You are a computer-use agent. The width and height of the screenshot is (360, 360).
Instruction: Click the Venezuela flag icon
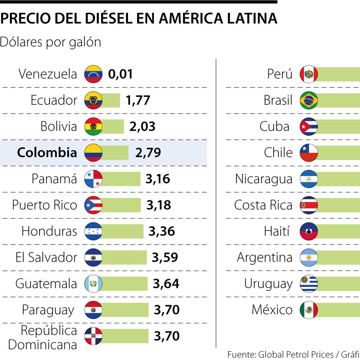coord(93,74)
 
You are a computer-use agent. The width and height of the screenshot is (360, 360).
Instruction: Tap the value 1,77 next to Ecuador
coord(138,100)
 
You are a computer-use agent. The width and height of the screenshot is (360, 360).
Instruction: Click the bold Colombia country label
coord(47,152)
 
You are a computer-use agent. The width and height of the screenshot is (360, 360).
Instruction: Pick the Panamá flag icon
coord(93,179)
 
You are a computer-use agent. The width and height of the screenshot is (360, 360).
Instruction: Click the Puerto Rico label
coord(44,205)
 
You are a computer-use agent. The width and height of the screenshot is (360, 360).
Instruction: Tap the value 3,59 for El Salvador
coord(164,258)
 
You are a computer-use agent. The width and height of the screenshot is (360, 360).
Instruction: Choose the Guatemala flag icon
coord(93,284)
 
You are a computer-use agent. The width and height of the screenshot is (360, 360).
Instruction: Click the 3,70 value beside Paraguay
coord(166,310)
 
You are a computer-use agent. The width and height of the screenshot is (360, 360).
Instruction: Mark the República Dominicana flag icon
coord(93,336)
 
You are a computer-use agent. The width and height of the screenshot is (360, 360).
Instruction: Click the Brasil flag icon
coord(309,100)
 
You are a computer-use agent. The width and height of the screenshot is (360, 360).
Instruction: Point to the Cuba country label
coord(274,127)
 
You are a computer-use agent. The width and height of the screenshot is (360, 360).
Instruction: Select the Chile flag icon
coord(309,153)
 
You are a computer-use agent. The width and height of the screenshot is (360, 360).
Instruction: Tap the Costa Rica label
coord(263,205)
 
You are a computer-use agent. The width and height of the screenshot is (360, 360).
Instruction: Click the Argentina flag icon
coord(309,258)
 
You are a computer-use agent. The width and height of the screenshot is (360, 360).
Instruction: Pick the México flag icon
coord(309,310)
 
